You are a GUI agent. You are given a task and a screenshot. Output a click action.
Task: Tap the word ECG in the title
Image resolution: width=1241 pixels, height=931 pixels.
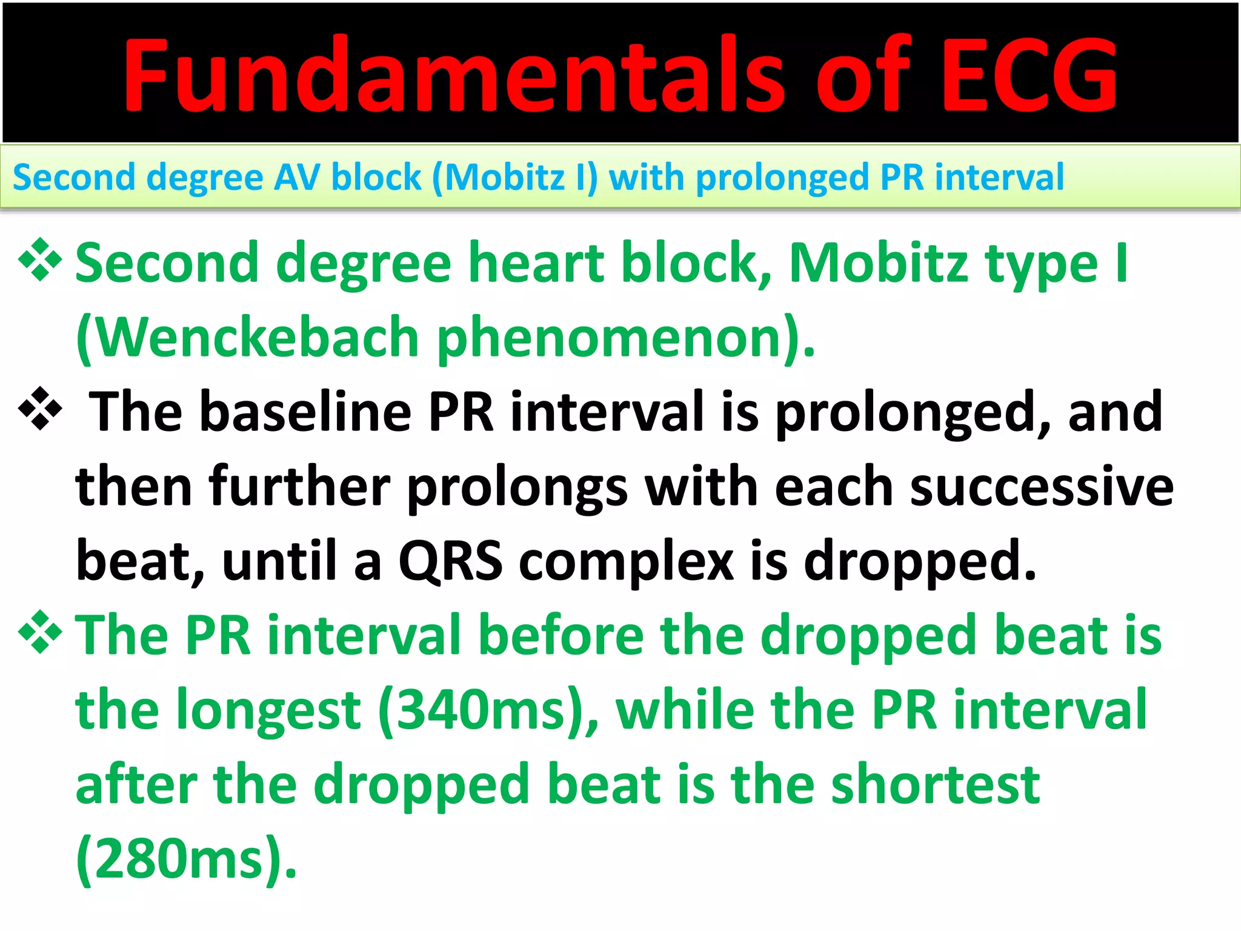tap(1028, 75)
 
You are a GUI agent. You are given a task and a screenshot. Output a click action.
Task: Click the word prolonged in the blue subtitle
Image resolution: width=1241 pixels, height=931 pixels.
tap(781, 179)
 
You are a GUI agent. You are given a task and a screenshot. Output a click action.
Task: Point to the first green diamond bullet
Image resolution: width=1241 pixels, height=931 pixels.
tap(40, 261)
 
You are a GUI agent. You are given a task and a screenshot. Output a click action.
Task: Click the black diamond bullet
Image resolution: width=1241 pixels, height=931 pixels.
tap(40, 409)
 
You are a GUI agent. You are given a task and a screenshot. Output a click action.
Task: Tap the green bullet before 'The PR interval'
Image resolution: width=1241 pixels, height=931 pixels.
tap(40, 633)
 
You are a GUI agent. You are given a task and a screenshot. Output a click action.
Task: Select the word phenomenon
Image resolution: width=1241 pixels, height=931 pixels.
tap(624, 338)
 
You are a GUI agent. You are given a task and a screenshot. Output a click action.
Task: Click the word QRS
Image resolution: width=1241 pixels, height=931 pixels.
tap(450, 561)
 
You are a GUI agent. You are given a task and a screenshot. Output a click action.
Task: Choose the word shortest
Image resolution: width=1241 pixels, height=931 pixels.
tap(936, 784)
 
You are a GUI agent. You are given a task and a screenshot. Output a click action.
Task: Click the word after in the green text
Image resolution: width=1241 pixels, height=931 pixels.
tap(136, 785)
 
